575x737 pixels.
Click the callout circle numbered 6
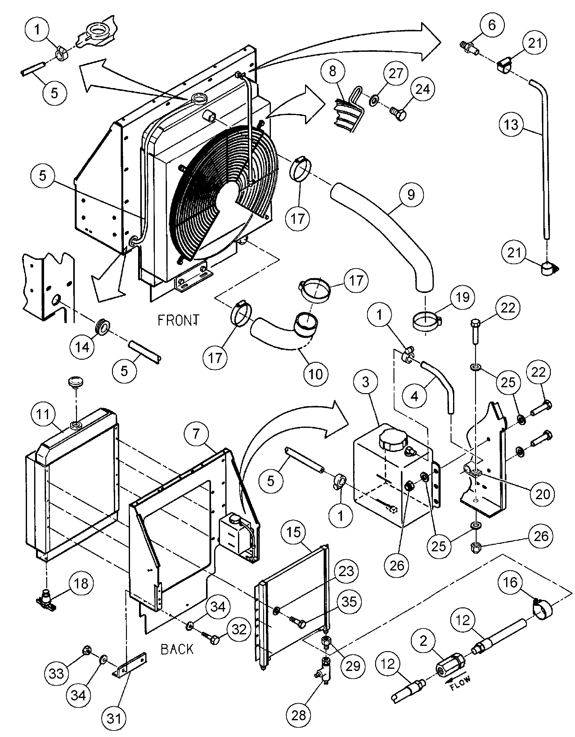tap(492, 25)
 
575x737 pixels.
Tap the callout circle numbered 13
tap(511, 125)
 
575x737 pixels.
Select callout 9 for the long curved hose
tap(411, 195)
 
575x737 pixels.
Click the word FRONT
tap(179, 320)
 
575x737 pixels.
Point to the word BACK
tap(177, 649)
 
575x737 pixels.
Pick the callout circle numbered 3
tap(366, 382)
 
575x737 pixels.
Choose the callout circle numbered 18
tap(81, 584)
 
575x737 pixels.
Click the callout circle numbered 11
tap(43, 415)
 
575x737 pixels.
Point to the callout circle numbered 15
tap(294, 532)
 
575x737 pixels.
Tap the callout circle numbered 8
tap(333, 72)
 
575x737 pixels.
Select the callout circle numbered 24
tap(422, 89)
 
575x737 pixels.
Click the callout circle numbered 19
tap(462, 297)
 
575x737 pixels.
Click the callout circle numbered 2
tap(423, 641)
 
